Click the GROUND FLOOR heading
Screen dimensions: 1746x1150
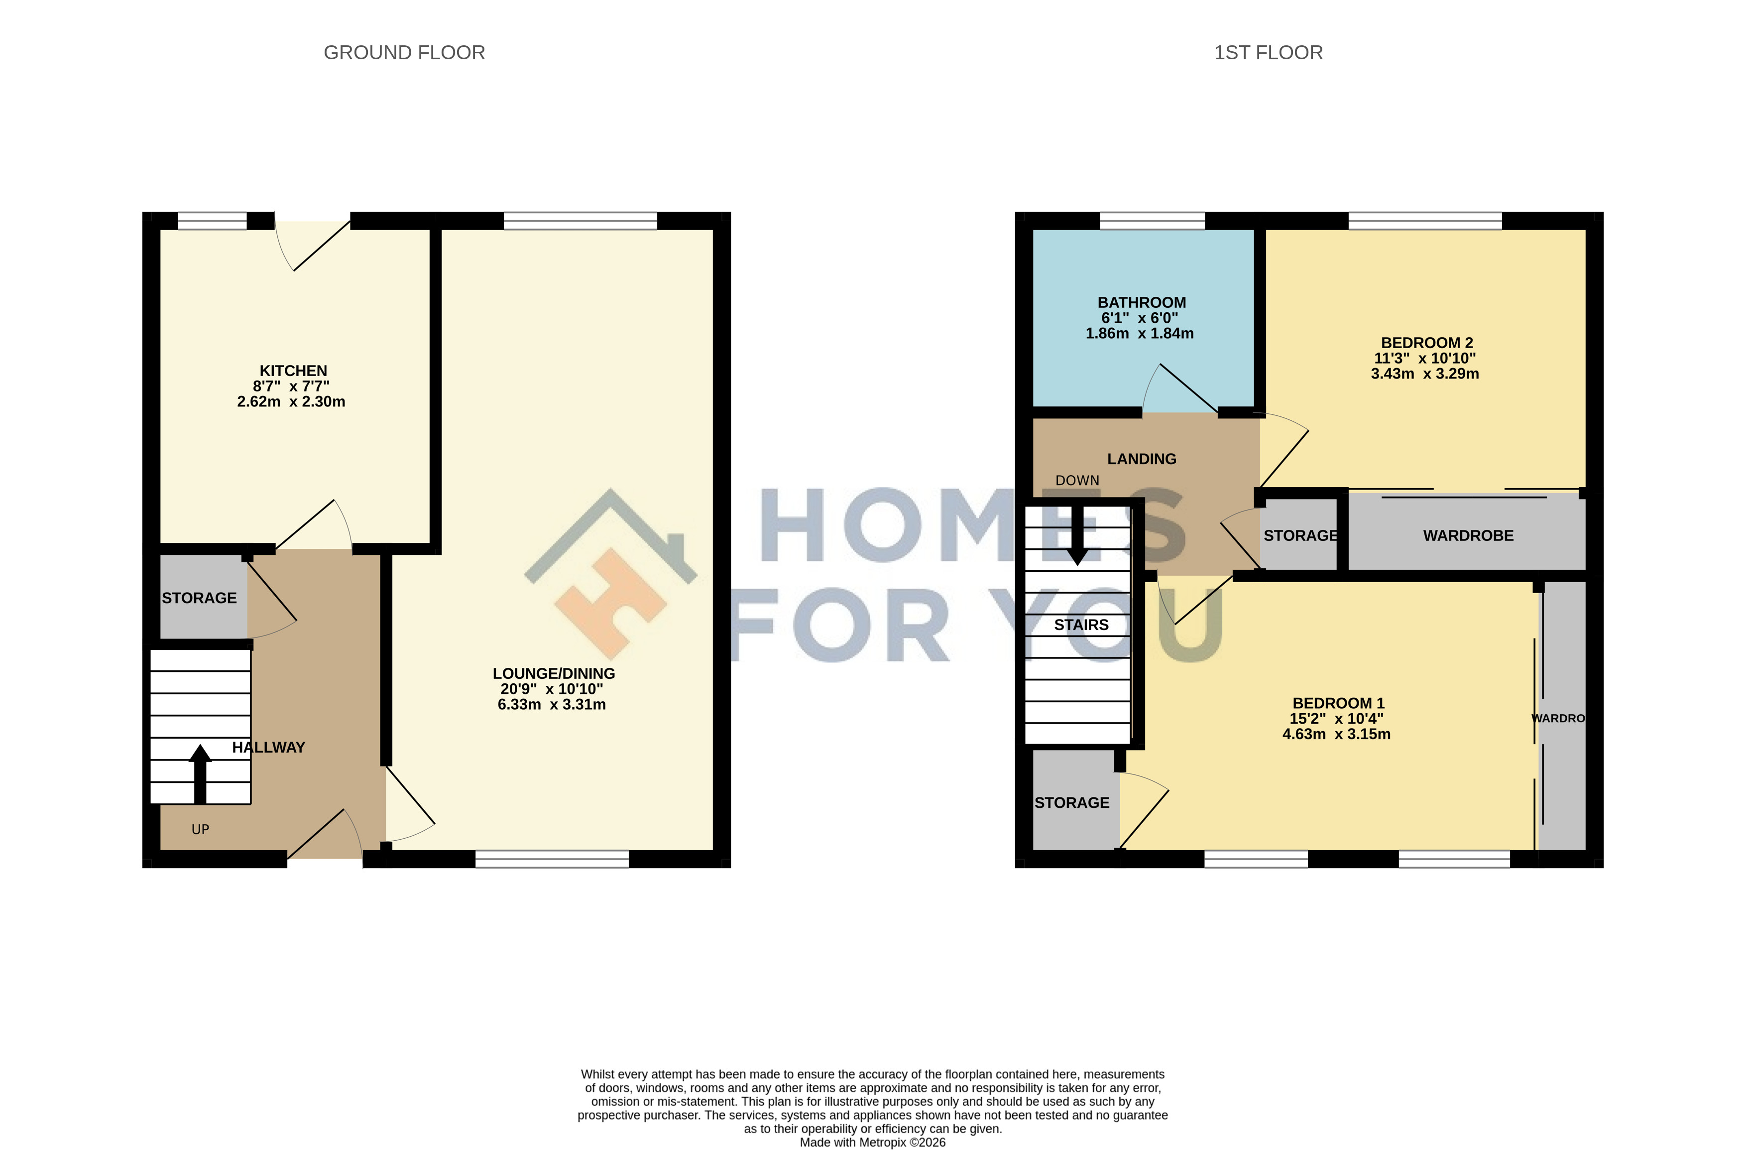tap(404, 53)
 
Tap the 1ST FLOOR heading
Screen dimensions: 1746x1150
tap(1269, 53)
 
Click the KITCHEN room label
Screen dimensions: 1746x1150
tap(293, 371)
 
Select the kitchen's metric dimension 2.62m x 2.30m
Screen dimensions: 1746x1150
tap(291, 401)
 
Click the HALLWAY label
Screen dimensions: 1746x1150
tap(268, 747)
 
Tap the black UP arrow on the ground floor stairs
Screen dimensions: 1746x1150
tap(200, 774)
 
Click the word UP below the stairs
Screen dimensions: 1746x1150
tap(200, 829)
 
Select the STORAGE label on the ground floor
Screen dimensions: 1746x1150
tap(200, 598)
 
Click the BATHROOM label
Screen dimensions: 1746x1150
tap(1142, 302)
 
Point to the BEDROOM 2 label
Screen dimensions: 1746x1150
tap(1427, 343)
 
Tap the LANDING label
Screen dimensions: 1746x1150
tap(1142, 459)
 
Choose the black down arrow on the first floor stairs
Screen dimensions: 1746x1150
tap(1077, 535)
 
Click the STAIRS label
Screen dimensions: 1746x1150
tap(1081, 625)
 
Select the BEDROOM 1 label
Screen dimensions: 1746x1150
tap(1339, 703)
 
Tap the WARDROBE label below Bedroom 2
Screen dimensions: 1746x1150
tap(1469, 536)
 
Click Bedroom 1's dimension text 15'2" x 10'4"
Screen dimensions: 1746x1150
tap(1337, 719)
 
